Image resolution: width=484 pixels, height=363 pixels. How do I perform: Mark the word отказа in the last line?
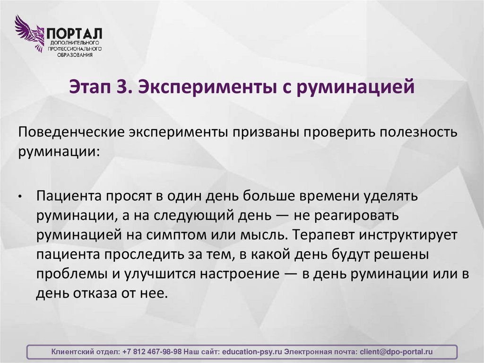point(95,294)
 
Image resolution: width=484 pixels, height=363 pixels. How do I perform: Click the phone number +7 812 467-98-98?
point(151,352)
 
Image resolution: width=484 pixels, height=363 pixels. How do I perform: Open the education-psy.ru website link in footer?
point(252,352)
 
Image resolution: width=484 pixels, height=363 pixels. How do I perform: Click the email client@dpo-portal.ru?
point(396,352)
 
